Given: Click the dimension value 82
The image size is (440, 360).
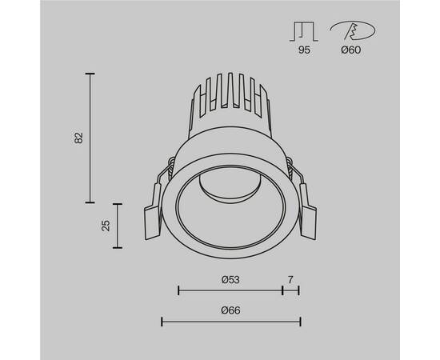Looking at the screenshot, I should [x=78, y=137].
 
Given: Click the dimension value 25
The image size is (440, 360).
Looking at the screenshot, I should [x=106, y=226].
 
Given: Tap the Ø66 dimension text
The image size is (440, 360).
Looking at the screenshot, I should [x=231, y=310].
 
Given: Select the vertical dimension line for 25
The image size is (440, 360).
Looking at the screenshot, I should [x=118, y=226].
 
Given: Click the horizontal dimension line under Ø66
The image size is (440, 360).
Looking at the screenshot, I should [x=231, y=322].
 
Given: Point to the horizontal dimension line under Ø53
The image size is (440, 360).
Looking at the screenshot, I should [x=230, y=290].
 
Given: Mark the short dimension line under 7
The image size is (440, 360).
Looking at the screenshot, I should [x=290, y=290].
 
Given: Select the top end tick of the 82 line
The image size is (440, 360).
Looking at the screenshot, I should [x=90, y=74].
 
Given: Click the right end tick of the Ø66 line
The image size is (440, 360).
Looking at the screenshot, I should [x=300, y=322].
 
